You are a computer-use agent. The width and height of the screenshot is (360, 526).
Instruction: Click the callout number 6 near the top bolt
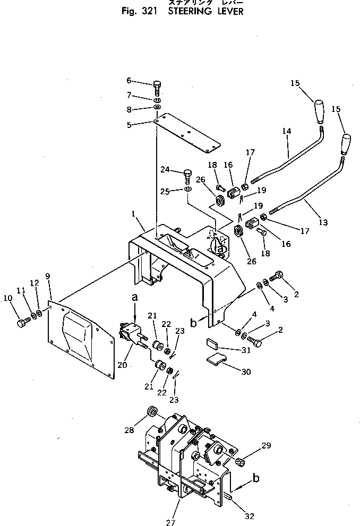click(x=128, y=80)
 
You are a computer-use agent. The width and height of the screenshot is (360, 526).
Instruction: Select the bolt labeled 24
click(x=186, y=174)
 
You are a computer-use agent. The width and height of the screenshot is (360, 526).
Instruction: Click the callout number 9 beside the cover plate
click(x=48, y=276)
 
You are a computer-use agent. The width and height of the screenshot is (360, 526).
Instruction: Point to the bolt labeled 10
click(x=22, y=323)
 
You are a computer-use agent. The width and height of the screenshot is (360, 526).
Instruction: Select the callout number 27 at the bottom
click(x=170, y=522)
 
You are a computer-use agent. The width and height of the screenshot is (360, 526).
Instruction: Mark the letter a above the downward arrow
click(x=135, y=299)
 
